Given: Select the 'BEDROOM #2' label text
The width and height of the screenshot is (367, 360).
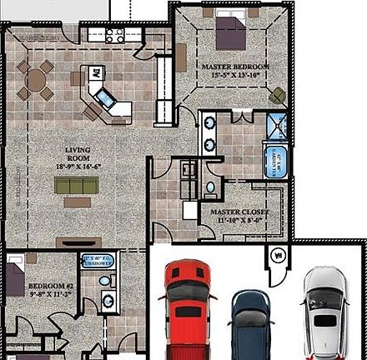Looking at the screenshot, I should [x=27, y=287].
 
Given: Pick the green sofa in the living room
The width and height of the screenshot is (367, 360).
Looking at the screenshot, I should [x=77, y=186].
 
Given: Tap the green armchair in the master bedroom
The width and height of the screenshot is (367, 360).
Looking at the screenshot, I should [x=277, y=95].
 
